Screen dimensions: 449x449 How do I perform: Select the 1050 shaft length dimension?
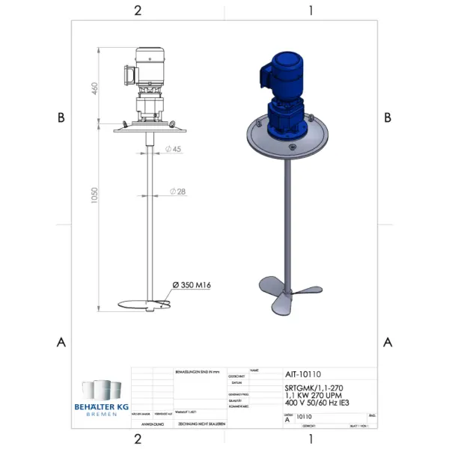coord(94,195)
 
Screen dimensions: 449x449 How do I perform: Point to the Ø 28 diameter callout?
coord(178,192)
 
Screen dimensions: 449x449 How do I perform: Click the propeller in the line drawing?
coord(147,305)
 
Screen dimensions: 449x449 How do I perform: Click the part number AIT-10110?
coord(303,374)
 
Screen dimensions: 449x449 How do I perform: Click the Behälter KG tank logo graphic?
coord(101,390)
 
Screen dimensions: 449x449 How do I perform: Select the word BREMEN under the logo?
coord(101,414)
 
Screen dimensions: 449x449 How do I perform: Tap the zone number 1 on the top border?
coord(311,10)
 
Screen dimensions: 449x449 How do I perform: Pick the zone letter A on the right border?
coord(388,342)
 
